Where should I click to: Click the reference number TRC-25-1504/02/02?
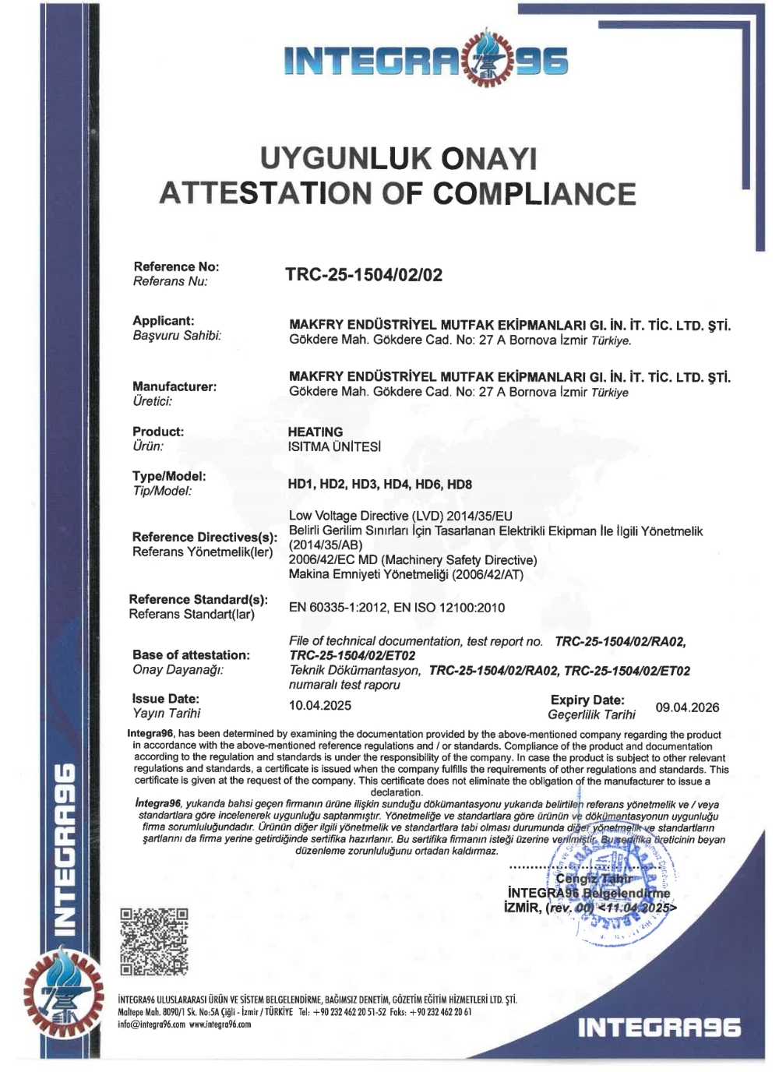(x=364, y=275)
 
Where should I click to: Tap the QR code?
(x=154, y=941)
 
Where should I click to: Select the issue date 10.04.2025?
(x=319, y=706)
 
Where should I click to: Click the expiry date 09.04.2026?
(x=687, y=707)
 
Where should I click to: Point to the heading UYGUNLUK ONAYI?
(x=398, y=159)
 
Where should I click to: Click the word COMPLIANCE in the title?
(x=534, y=193)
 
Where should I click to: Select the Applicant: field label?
(x=164, y=321)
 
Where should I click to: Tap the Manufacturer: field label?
(x=174, y=386)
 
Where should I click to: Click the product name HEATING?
(x=315, y=432)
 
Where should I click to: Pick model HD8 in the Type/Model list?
(x=460, y=485)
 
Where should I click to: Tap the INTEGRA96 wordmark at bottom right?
(x=659, y=1028)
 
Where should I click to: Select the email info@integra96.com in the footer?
(x=151, y=1024)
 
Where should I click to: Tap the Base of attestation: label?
(x=191, y=655)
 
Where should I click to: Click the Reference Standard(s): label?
(x=198, y=599)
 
